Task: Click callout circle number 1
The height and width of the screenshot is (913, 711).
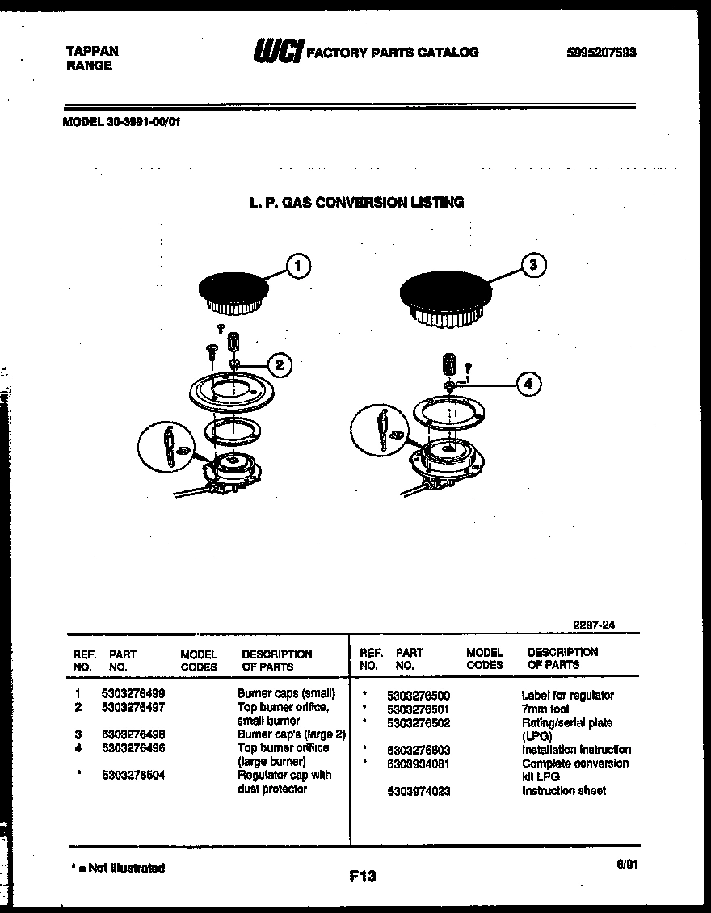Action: pyautogui.click(x=299, y=266)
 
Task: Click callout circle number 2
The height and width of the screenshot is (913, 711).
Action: pyautogui.click(x=279, y=366)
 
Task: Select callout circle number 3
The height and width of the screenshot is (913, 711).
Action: pyautogui.click(x=533, y=265)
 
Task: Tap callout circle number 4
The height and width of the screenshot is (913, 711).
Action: pyautogui.click(x=528, y=385)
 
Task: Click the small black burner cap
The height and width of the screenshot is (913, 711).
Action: pyautogui.click(x=233, y=287)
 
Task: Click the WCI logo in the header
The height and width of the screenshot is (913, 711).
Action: pyautogui.click(x=278, y=53)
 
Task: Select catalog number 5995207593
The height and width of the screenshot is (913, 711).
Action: pyautogui.click(x=601, y=53)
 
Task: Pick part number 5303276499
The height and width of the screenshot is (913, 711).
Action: pyautogui.click(x=133, y=693)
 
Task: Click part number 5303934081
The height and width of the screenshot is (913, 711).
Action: pyautogui.click(x=419, y=764)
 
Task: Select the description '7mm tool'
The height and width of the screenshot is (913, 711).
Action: pyautogui.click(x=545, y=709)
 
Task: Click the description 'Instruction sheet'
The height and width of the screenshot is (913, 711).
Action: pyautogui.click(x=564, y=791)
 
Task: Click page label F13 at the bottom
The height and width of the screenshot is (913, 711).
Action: pyautogui.click(x=363, y=876)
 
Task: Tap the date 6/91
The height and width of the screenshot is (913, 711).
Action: pyautogui.click(x=627, y=863)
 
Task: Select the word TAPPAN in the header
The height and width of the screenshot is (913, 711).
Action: pyautogui.click(x=91, y=51)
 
